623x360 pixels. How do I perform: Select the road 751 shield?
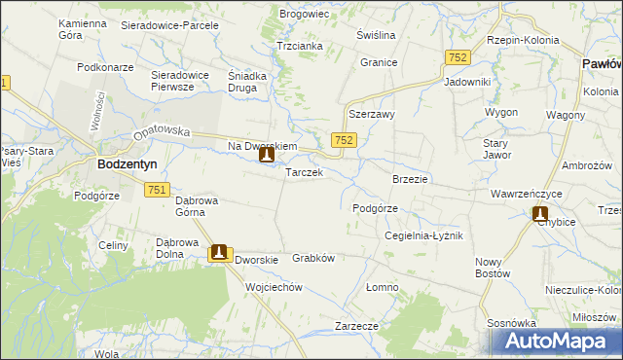point(160,190)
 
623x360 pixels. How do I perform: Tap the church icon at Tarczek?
point(266,154)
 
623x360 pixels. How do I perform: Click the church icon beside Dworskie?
point(219,252)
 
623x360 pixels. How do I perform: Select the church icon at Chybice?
point(540,214)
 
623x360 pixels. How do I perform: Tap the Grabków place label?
point(313,259)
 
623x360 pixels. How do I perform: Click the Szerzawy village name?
point(371,114)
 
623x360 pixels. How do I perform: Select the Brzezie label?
point(410,179)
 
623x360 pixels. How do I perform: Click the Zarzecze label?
point(355,326)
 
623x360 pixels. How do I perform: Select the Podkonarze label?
point(105,67)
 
